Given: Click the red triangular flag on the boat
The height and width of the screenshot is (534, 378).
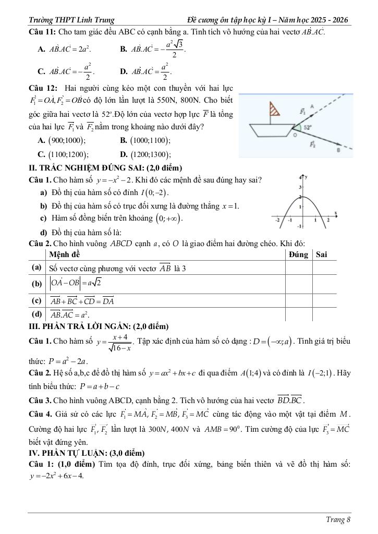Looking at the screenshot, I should pyautogui.click(x=272, y=110).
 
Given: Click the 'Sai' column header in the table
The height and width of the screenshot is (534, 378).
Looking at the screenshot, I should pyautogui.click(x=322, y=254).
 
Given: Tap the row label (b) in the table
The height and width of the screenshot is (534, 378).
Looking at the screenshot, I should pyautogui.click(x=36, y=284).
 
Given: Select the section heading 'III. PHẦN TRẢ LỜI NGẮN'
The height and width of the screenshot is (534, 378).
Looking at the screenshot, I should pyautogui.click(x=99, y=326).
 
